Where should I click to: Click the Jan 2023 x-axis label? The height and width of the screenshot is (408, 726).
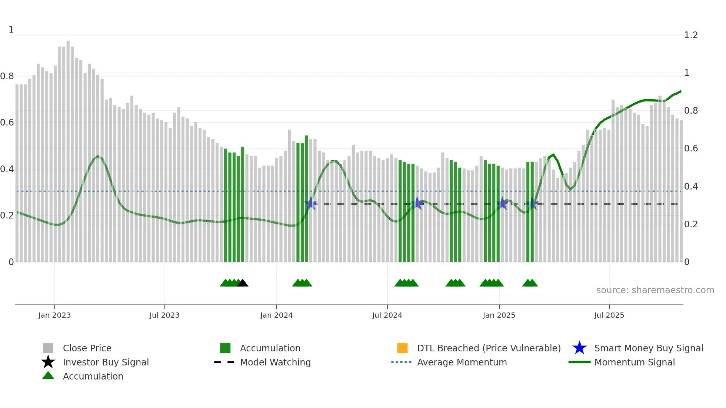(x=54, y=315)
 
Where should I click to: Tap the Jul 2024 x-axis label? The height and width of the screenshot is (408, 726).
(x=387, y=315)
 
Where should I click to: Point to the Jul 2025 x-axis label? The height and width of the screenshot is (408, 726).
(x=609, y=315)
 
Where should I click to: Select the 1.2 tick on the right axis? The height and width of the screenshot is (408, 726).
(x=691, y=35)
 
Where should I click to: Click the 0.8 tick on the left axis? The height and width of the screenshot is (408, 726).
(x=7, y=76)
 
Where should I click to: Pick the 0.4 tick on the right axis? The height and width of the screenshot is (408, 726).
(x=691, y=187)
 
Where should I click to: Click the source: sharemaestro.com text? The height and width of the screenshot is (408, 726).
(x=655, y=290)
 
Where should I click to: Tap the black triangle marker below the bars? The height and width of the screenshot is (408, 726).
(x=243, y=283)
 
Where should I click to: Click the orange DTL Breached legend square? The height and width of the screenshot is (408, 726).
(x=402, y=348)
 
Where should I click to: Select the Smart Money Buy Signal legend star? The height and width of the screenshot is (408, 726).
(x=579, y=348)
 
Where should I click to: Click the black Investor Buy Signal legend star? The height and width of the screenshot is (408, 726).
(x=48, y=362)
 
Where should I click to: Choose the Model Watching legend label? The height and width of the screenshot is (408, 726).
(x=275, y=362)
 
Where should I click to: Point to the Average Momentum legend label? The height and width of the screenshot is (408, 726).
(x=462, y=362)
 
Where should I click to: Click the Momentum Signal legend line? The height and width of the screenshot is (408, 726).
(x=579, y=362)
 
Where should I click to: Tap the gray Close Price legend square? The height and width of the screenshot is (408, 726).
(x=48, y=348)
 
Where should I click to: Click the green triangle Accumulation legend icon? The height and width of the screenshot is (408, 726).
(x=48, y=376)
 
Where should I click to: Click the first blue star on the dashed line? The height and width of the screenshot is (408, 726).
(x=311, y=203)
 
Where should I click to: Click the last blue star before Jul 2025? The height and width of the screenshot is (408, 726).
(x=532, y=204)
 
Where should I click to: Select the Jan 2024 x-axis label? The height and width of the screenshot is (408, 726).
(x=276, y=315)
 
